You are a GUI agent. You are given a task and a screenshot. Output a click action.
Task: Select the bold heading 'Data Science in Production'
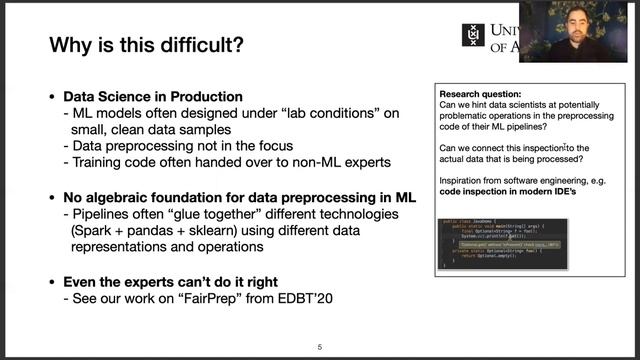pos(153,97)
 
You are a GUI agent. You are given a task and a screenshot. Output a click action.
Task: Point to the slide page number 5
pos(319,347)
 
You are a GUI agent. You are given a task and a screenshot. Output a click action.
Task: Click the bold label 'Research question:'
pos(475,92)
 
